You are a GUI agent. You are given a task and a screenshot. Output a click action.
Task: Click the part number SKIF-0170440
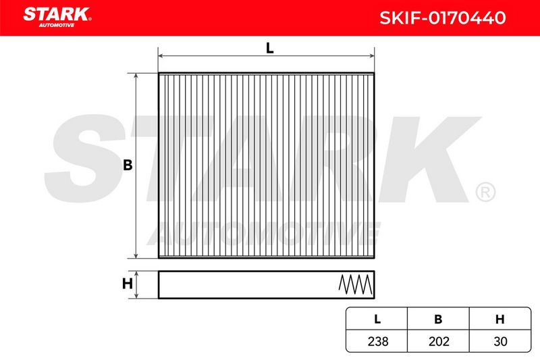pyautogui.click(x=443, y=18)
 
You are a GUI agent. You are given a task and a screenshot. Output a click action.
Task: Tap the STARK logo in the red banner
pyautogui.click(x=57, y=17)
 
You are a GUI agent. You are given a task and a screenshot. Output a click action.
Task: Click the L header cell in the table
pyautogui.click(x=377, y=319)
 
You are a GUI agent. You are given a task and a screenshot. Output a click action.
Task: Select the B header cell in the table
pyautogui.click(x=438, y=319)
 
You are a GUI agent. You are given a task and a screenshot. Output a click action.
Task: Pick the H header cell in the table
pyautogui.click(x=500, y=319)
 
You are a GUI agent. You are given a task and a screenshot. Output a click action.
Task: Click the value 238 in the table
pyautogui.click(x=378, y=341)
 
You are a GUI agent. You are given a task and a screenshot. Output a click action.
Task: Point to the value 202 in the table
pyautogui.click(x=439, y=341)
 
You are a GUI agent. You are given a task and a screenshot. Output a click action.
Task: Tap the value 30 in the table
pyautogui.click(x=500, y=341)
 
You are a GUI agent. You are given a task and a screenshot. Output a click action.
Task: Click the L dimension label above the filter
pyautogui.click(x=269, y=48)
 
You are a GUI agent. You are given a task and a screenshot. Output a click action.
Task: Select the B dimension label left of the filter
pyautogui.click(x=128, y=165)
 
